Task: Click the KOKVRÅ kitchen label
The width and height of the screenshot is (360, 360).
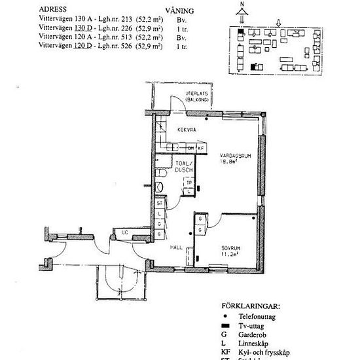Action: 187,130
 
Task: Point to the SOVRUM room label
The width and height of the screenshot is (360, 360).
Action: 226,248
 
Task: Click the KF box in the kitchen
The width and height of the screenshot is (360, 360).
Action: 200,148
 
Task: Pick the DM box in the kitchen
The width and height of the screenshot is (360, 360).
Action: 192,148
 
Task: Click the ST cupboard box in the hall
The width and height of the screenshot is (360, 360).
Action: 159,204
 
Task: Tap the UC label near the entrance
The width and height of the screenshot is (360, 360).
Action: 124,232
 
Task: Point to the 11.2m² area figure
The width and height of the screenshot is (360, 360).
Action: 226,254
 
